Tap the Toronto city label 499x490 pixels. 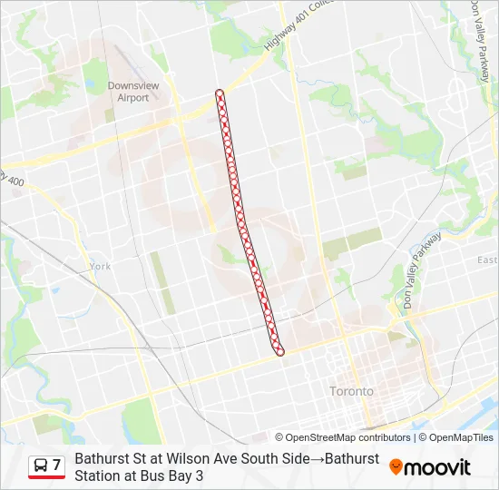(x=351, y=391)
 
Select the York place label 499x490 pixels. (x=100, y=267)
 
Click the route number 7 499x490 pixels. (x=56, y=465)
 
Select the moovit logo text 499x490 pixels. (x=437, y=467)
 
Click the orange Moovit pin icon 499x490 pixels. (x=396, y=466)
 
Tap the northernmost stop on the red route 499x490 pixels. (x=220, y=93)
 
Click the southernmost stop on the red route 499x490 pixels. (x=280, y=351)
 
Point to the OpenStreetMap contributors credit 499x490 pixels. (x=348, y=437)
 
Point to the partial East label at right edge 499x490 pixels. (x=488, y=260)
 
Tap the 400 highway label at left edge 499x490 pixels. (x=14, y=181)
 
